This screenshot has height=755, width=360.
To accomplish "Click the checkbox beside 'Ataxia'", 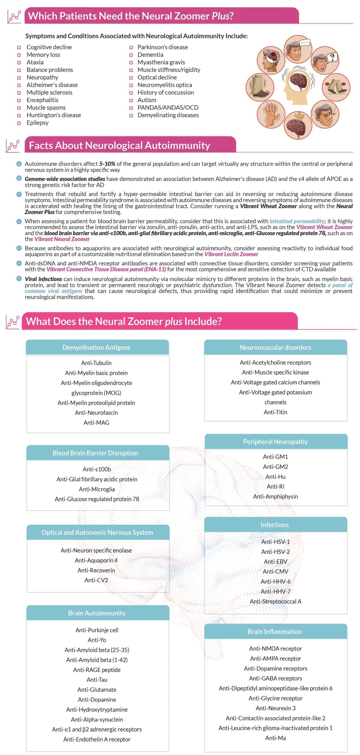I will (x=19, y=63).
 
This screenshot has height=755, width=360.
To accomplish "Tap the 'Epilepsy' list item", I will (x=37, y=123).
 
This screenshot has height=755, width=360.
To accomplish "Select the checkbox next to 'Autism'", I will (x=131, y=100).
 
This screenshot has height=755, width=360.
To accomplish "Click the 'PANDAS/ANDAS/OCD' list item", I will (x=168, y=108).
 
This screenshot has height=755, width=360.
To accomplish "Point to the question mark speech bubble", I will (x=332, y=57).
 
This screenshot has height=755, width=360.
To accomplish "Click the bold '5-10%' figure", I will (x=107, y=164).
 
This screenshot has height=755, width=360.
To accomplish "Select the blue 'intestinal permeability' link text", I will (x=297, y=221).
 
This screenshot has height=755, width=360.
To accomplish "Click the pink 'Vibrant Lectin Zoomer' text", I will (x=231, y=254).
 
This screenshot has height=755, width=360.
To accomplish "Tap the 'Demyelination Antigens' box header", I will (x=96, y=347).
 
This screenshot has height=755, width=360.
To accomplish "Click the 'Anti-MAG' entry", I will (x=96, y=423).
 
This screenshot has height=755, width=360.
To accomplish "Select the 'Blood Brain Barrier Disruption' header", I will (x=95, y=453).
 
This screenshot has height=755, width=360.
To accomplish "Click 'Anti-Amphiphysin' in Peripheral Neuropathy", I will (x=275, y=496).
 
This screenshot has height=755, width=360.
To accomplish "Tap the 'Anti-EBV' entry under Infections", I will (x=275, y=562).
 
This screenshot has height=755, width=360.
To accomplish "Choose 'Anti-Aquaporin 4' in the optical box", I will (x=96, y=560).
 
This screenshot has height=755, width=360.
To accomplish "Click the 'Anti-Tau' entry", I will (x=97, y=680).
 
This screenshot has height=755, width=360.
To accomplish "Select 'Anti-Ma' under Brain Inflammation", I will (x=275, y=738).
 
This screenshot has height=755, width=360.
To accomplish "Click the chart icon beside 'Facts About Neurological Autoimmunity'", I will (x=13, y=145).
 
